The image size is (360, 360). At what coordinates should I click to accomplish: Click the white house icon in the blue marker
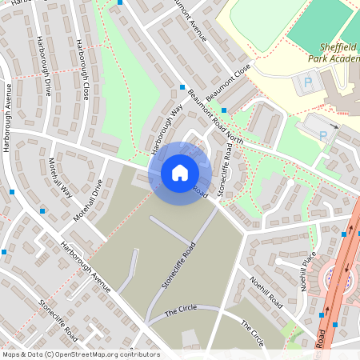pos(180,173)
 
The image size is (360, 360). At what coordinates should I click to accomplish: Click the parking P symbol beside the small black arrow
pos(323,136)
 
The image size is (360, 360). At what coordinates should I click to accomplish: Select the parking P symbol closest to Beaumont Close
pos(307,82)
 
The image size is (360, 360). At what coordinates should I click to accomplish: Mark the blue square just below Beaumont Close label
pos(224,110)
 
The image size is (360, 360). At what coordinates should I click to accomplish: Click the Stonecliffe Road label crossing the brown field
pos(178,265)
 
